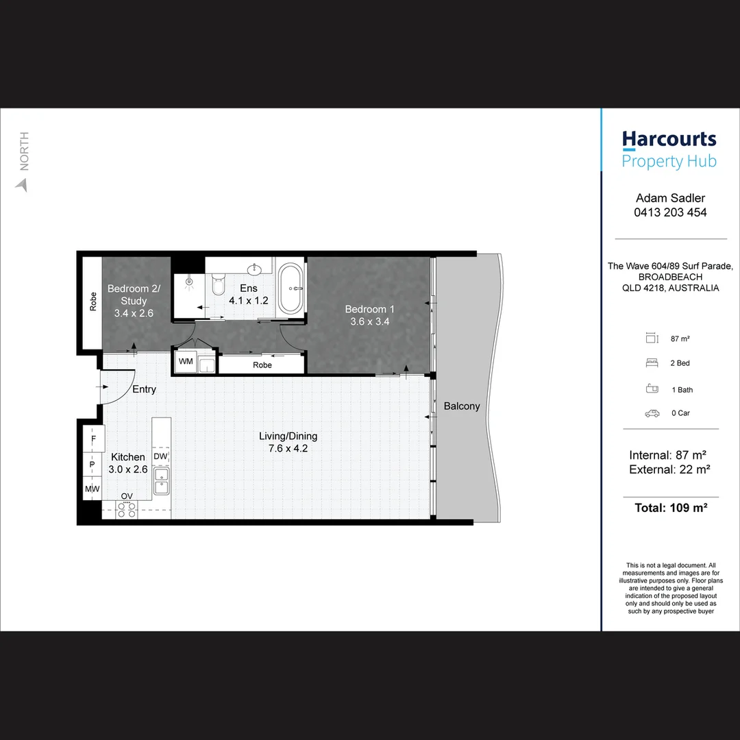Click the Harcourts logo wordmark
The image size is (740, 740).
(x=669, y=140)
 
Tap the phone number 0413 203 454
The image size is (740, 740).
(x=670, y=212)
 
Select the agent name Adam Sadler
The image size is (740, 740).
(x=670, y=198)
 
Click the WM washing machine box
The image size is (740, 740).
(x=186, y=361)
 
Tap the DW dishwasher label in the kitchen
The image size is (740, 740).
(x=160, y=456)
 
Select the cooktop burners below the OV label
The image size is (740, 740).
(x=127, y=509)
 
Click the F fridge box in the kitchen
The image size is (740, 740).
(x=93, y=437)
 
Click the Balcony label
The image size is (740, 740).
(x=461, y=406)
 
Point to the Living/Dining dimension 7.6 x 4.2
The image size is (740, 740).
(x=288, y=449)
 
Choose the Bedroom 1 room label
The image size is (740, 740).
(x=369, y=309)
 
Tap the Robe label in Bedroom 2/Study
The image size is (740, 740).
(x=92, y=302)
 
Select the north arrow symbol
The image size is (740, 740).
(x=22, y=184)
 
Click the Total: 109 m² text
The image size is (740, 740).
(x=670, y=508)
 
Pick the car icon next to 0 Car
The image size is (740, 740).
(x=652, y=413)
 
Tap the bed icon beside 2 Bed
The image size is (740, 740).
(x=651, y=363)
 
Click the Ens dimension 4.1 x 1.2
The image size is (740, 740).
(x=248, y=301)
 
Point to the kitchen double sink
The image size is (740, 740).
(x=162, y=480)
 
